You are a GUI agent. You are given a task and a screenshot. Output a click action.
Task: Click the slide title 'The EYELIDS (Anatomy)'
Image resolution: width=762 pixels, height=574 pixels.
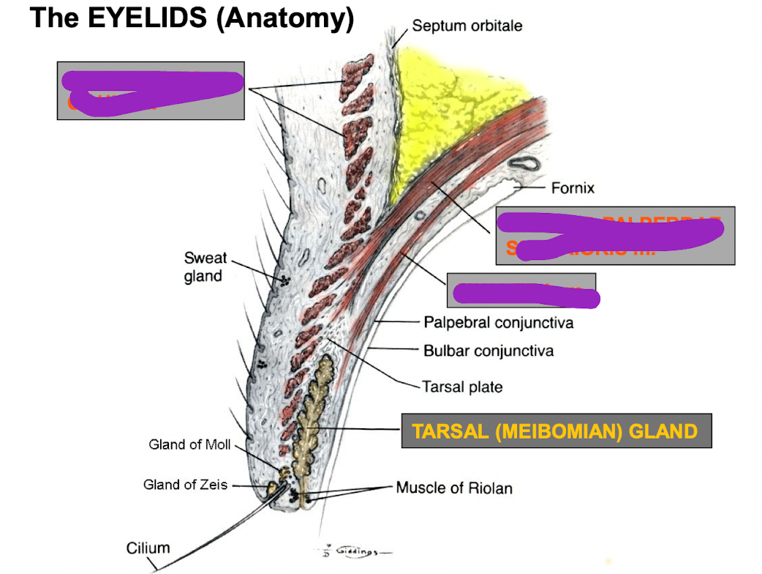coord(192,18)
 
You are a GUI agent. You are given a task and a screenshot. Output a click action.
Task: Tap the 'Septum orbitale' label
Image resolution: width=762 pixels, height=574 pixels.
coord(467,26)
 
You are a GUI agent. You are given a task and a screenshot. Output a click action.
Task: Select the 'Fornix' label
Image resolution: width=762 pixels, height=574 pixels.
coord(573,188)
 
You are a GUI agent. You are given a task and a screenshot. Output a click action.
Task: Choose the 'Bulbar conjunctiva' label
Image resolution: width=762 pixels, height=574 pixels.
coord(488,351)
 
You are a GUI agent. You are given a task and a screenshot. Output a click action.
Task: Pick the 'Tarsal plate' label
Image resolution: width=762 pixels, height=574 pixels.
coord(462,386)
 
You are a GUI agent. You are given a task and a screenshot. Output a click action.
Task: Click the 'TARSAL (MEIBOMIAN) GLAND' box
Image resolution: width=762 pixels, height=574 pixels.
coord(556,430)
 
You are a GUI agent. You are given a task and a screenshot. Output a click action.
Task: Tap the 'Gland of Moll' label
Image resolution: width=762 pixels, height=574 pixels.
coord(189,444)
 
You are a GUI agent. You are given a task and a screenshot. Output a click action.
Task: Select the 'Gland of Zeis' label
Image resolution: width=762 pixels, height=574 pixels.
coord(186,485)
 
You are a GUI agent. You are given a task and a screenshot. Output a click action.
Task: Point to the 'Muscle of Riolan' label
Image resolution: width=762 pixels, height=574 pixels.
coord(454,488)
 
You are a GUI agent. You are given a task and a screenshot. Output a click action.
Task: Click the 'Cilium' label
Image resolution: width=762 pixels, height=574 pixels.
coord(148,548)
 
